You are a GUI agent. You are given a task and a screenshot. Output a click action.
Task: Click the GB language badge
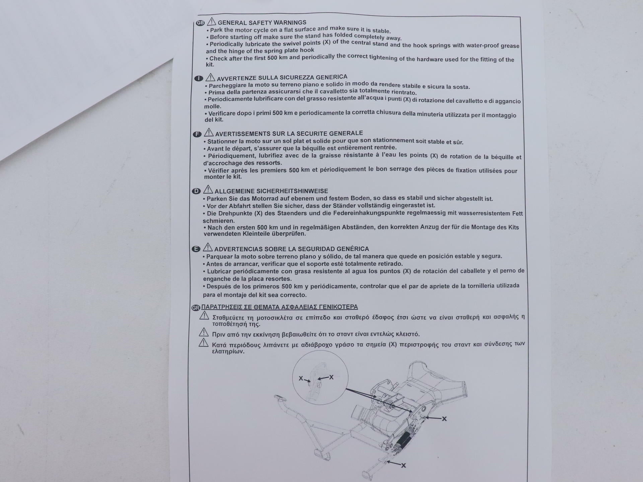[x=200, y=23]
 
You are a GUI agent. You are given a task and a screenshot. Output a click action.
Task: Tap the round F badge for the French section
[x=197, y=134]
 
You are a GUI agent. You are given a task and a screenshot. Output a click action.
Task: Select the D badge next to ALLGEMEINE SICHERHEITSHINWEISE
[x=196, y=191]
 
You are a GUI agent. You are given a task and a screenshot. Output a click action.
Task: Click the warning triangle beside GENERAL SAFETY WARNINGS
[x=211, y=21]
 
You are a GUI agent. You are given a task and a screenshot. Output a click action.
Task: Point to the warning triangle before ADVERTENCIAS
[x=208, y=247]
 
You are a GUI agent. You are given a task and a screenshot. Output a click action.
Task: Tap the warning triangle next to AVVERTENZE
[x=210, y=77]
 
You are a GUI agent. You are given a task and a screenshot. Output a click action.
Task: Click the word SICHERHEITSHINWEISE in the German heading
[x=292, y=191]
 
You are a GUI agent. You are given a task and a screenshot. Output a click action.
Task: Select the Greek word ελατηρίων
[x=228, y=352]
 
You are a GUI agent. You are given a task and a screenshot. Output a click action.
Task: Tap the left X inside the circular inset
[x=301, y=379]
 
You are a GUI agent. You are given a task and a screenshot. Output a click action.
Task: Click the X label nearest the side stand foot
[x=404, y=466]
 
